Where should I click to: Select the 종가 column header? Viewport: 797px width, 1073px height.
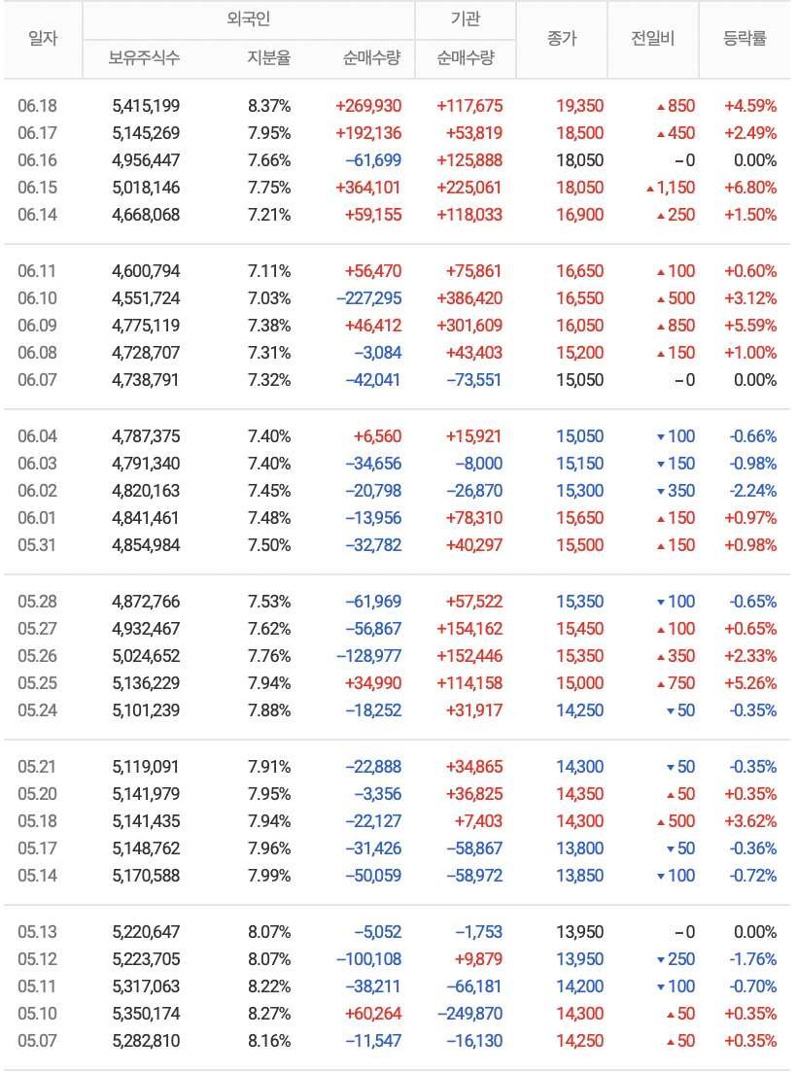[x=561, y=40]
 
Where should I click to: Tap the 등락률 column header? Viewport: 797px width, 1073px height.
[x=745, y=40]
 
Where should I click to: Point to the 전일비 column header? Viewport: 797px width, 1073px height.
[x=652, y=40]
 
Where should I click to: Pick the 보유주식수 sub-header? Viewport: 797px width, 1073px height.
[x=144, y=58]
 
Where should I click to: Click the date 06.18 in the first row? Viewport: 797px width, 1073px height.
[x=37, y=106]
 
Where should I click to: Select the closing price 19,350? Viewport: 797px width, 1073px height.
[x=579, y=106]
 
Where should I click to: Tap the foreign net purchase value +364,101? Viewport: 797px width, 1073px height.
[x=367, y=188]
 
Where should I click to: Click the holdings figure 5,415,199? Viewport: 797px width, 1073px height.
[x=146, y=106]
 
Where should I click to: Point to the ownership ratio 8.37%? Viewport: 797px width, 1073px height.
[x=269, y=106]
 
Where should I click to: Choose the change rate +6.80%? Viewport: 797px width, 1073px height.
[x=749, y=188]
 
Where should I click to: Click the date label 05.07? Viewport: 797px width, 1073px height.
[x=37, y=1041]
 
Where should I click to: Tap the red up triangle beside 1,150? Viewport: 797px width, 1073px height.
[x=648, y=189]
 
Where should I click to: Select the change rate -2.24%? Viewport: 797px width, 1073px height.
[x=752, y=491]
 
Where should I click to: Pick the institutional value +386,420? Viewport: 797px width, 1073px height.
[x=469, y=298]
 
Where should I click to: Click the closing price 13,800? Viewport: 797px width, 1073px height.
[x=579, y=848]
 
